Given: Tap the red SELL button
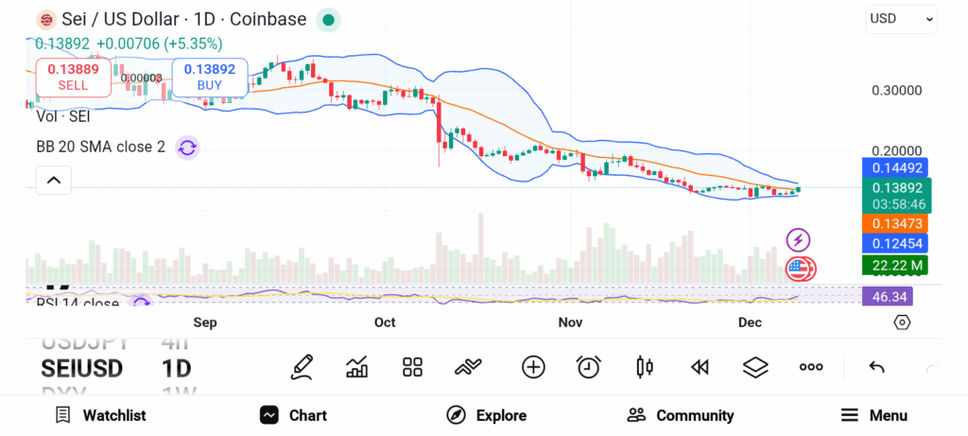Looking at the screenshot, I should click(x=73, y=77).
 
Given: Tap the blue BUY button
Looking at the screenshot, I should click(x=209, y=77).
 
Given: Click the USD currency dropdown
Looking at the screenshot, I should click(x=902, y=18).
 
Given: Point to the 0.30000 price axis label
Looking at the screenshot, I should click(x=895, y=91).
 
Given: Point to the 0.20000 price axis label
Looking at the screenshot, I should click(x=895, y=151).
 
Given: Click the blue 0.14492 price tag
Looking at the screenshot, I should click(x=895, y=167).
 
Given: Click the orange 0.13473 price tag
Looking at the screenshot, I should click(x=895, y=223).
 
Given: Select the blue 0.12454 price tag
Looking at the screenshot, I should click(x=895, y=243).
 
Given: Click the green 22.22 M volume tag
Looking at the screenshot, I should click(x=895, y=265).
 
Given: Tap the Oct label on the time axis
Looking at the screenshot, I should click(x=385, y=323).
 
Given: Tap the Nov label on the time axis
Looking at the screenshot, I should click(x=570, y=323).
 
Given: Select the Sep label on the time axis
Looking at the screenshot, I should click(x=205, y=323).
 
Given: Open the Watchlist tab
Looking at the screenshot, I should click(x=100, y=415).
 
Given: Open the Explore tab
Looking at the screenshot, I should click(x=486, y=415).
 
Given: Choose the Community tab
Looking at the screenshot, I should click(x=681, y=415).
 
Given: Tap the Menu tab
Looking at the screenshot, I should click(x=874, y=415).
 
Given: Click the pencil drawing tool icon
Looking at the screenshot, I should click(x=302, y=367).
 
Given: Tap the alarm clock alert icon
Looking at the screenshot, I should click(x=589, y=367).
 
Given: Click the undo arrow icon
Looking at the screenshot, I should click(x=876, y=367).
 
